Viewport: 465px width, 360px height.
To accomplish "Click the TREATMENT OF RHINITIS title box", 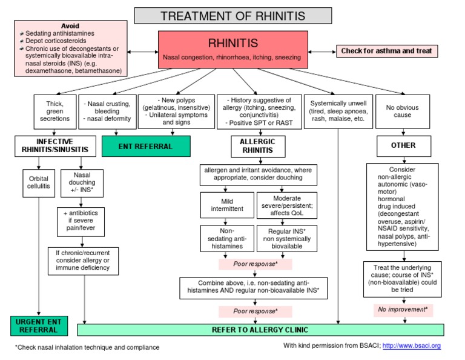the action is (x=232, y=16).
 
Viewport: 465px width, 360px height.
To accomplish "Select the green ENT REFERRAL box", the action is (x=146, y=146).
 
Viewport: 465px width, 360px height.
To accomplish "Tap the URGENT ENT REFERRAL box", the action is (x=39, y=326).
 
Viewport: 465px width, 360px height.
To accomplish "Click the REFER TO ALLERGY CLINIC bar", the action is (x=260, y=330).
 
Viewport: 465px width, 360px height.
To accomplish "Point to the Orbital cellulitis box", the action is (x=39, y=183).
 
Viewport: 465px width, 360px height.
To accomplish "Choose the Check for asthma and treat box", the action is (x=387, y=51).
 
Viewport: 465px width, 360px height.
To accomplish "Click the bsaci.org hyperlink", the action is (x=411, y=345).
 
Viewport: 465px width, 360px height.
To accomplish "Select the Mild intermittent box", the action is (x=227, y=205).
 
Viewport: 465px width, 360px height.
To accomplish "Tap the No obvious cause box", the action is (x=403, y=112).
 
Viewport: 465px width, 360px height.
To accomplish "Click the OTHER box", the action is (x=404, y=146).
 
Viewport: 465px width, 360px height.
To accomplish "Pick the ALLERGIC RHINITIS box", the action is (x=258, y=146).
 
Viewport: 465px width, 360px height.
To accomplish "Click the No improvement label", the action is (x=403, y=310).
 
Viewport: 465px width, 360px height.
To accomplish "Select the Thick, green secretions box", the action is (x=55, y=112).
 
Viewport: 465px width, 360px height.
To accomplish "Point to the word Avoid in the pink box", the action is (x=70, y=26).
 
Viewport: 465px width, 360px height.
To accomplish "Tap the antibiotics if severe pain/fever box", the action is (x=81, y=222).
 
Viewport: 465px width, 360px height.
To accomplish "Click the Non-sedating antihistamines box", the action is (x=227, y=238).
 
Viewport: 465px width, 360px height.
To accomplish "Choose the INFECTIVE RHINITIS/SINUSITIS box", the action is (x=55, y=146).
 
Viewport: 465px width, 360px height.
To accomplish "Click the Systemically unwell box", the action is (x=338, y=112).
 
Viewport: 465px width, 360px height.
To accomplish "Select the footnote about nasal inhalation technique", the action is (x=87, y=347).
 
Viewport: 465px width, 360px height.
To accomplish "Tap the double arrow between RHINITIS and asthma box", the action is (x=322, y=52).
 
